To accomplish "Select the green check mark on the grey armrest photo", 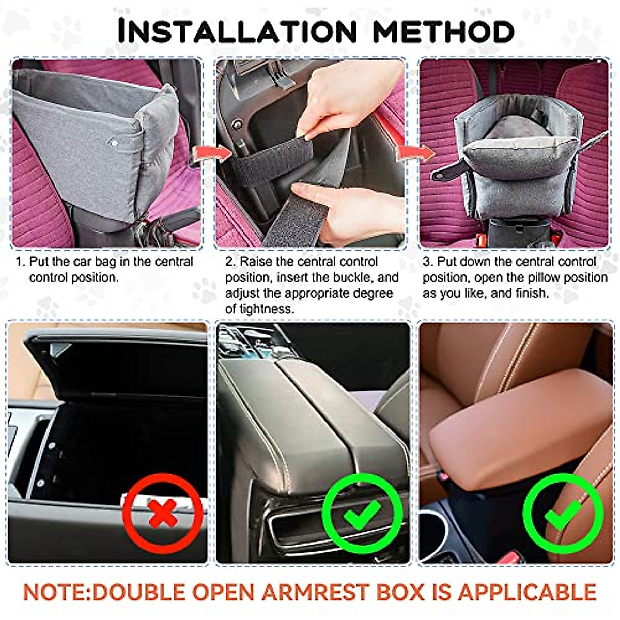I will [x=362, y=512].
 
